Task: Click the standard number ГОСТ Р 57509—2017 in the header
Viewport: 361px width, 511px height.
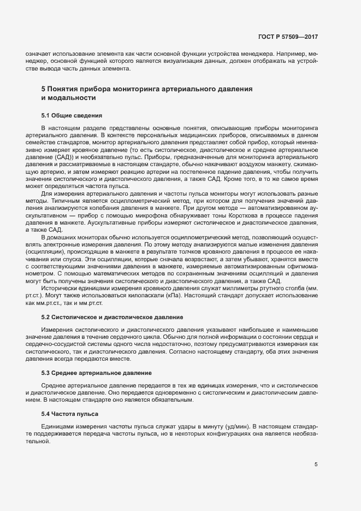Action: [x=288, y=37]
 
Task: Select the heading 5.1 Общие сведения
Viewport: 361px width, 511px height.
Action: [x=68, y=116]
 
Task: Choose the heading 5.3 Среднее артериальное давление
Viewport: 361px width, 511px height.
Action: [x=96, y=373]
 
